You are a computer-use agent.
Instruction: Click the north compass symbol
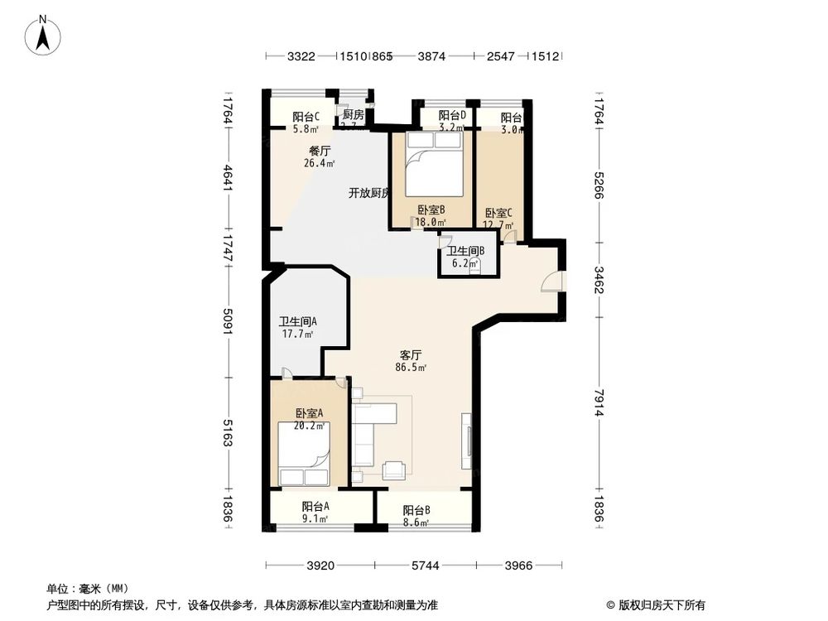(x=42, y=36)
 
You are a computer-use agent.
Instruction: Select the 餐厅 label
(x=320, y=152)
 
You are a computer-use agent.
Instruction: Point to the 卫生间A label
(x=297, y=323)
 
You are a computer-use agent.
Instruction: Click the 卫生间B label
(x=465, y=252)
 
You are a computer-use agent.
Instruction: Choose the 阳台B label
(x=416, y=511)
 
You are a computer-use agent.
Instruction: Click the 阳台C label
(x=306, y=117)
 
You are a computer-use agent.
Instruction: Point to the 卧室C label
(x=499, y=212)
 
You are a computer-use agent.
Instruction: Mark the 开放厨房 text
(x=368, y=193)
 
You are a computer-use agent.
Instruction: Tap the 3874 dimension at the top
(x=431, y=56)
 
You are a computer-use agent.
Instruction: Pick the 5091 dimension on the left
(x=228, y=324)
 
